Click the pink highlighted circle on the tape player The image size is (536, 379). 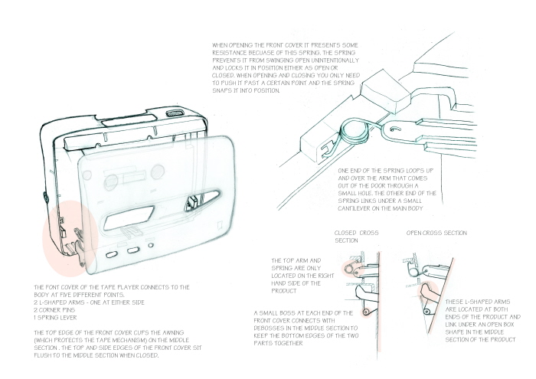71,237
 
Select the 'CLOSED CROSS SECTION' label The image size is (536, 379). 356,236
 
